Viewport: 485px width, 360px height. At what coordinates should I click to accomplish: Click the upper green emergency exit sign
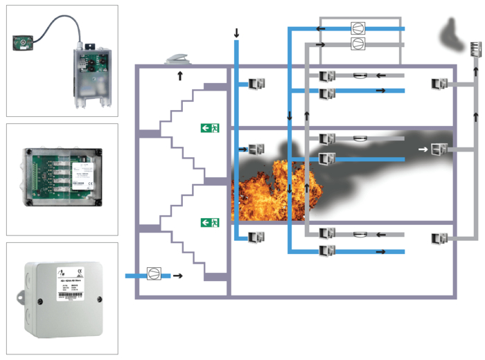click(x=210, y=128)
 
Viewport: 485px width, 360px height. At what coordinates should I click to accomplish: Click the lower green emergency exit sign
click(x=210, y=223)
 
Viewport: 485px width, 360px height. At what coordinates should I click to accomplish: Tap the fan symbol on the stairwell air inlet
click(x=154, y=275)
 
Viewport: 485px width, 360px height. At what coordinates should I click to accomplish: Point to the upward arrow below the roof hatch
click(x=180, y=75)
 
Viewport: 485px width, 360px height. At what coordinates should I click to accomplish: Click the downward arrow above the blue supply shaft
click(x=236, y=33)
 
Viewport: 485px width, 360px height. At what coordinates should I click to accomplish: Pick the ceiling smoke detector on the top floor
click(x=360, y=75)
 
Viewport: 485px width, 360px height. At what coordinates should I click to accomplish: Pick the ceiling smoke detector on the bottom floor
click(x=360, y=235)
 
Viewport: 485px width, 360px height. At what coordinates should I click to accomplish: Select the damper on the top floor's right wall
click(x=439, y=84)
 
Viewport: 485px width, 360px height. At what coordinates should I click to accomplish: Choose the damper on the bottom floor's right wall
click(x=439, y=240)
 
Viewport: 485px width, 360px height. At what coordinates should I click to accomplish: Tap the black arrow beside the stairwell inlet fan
click(x=178, y=276)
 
